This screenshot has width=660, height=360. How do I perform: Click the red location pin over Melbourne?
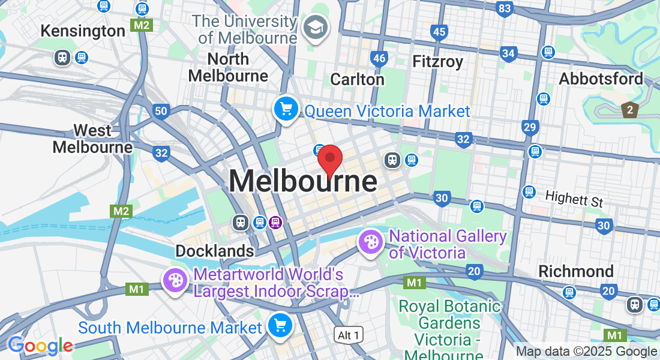pyautogui.click(x=329, y=160)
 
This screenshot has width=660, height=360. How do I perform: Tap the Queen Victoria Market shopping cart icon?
pyautogui.click(x=286, y=109)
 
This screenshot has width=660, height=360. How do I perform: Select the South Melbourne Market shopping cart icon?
pyautogui.click(x=280, y=325)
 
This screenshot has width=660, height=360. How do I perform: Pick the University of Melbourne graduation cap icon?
pyautogui.click(x=313, y=27)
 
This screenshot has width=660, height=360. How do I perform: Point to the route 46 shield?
pyautogui.click(x=379, y=58)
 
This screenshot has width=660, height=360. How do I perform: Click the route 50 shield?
pyautogui.click(x=160, y=110)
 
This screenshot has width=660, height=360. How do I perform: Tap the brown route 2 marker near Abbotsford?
pyautogui.click(x=629, y=110)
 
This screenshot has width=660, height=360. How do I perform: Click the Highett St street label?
pyautogui.click(x=574, y=198)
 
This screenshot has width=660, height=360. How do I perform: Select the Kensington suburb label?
pyautogui.click(x=83, y=31)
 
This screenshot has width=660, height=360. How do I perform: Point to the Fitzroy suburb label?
pyautogui.click(x=438, y=61)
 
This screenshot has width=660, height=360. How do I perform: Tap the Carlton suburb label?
pyautogui.click(x=357, y=79)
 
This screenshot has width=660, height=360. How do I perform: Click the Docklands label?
pyautogui.click(x=214, y=251)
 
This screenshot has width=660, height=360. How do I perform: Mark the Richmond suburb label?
pyautogui.click(x=576, y=271)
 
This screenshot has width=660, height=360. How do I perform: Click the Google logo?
pyautogui.click(x=40, y=346)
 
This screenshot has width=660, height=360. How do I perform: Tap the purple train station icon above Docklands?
pyautogui.click(x=275, y=222)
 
